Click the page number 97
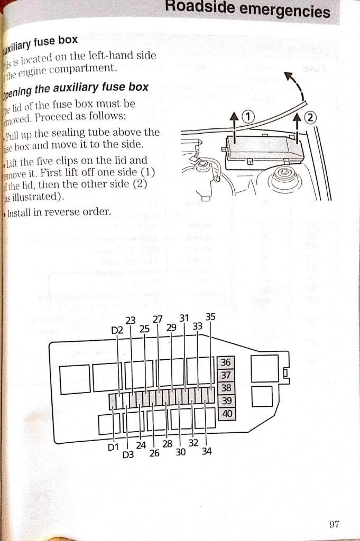pos(333,524)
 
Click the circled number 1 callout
pos(248,117)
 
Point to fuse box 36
pos(226,362)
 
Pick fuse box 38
pos(226,388)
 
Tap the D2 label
pos(117,330)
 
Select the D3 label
pos(127,454)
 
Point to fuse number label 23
pos(131,320)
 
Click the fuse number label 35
pos(210,317)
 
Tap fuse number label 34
pos(206,451)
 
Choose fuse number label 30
pos(181,452)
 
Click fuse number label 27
pos(158,319)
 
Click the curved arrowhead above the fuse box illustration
pos(289,77)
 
